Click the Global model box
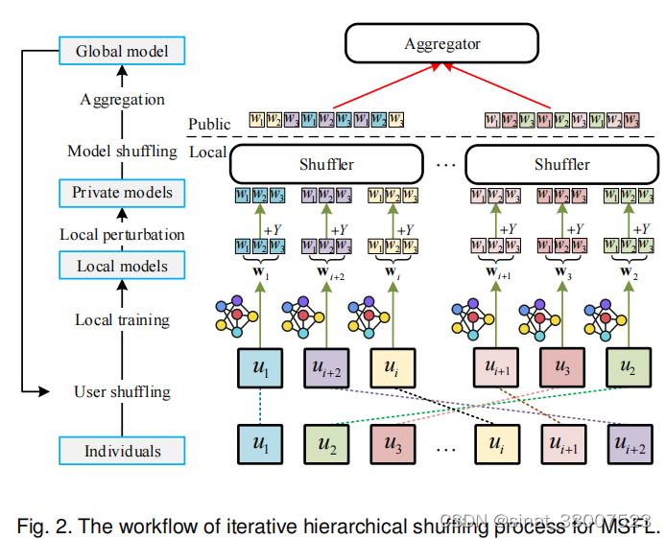tap(121, 50)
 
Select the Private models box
tap(122, 193)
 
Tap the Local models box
tap(122, 266)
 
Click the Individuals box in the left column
tap(122, 450)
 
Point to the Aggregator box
tap(442, 44)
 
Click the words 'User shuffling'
tap(122, 391)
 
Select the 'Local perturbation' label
tap(122, 234)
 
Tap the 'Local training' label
tap(122, 319)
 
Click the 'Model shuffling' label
tap(122, 152)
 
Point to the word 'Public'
tap(209, 124)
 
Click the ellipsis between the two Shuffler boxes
tap(444, 165)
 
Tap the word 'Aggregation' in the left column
tap(122, 99)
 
